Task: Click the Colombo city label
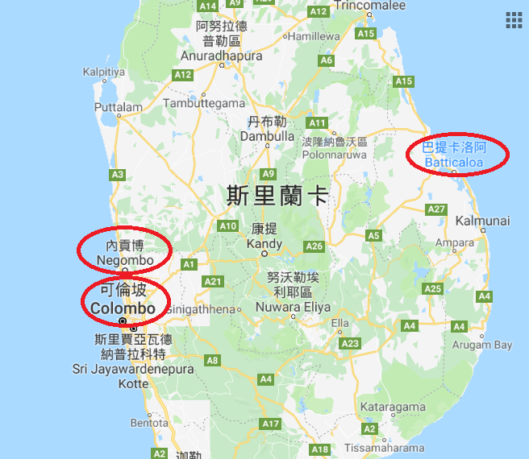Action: (123, 308)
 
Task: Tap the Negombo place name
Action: (124, 260)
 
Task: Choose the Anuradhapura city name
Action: (222, 56)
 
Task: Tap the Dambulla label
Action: (267, 136)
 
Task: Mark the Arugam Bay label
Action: (481, 345)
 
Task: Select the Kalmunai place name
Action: (482, 220)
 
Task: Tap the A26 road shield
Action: (314, 246)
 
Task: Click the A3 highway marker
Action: (118, 174)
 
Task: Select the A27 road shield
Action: (436, 209)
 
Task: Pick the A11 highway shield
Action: (317, 123)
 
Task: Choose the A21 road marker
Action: (213, 281)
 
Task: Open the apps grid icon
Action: (514, 20)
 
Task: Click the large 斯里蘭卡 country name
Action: (277, 195)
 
